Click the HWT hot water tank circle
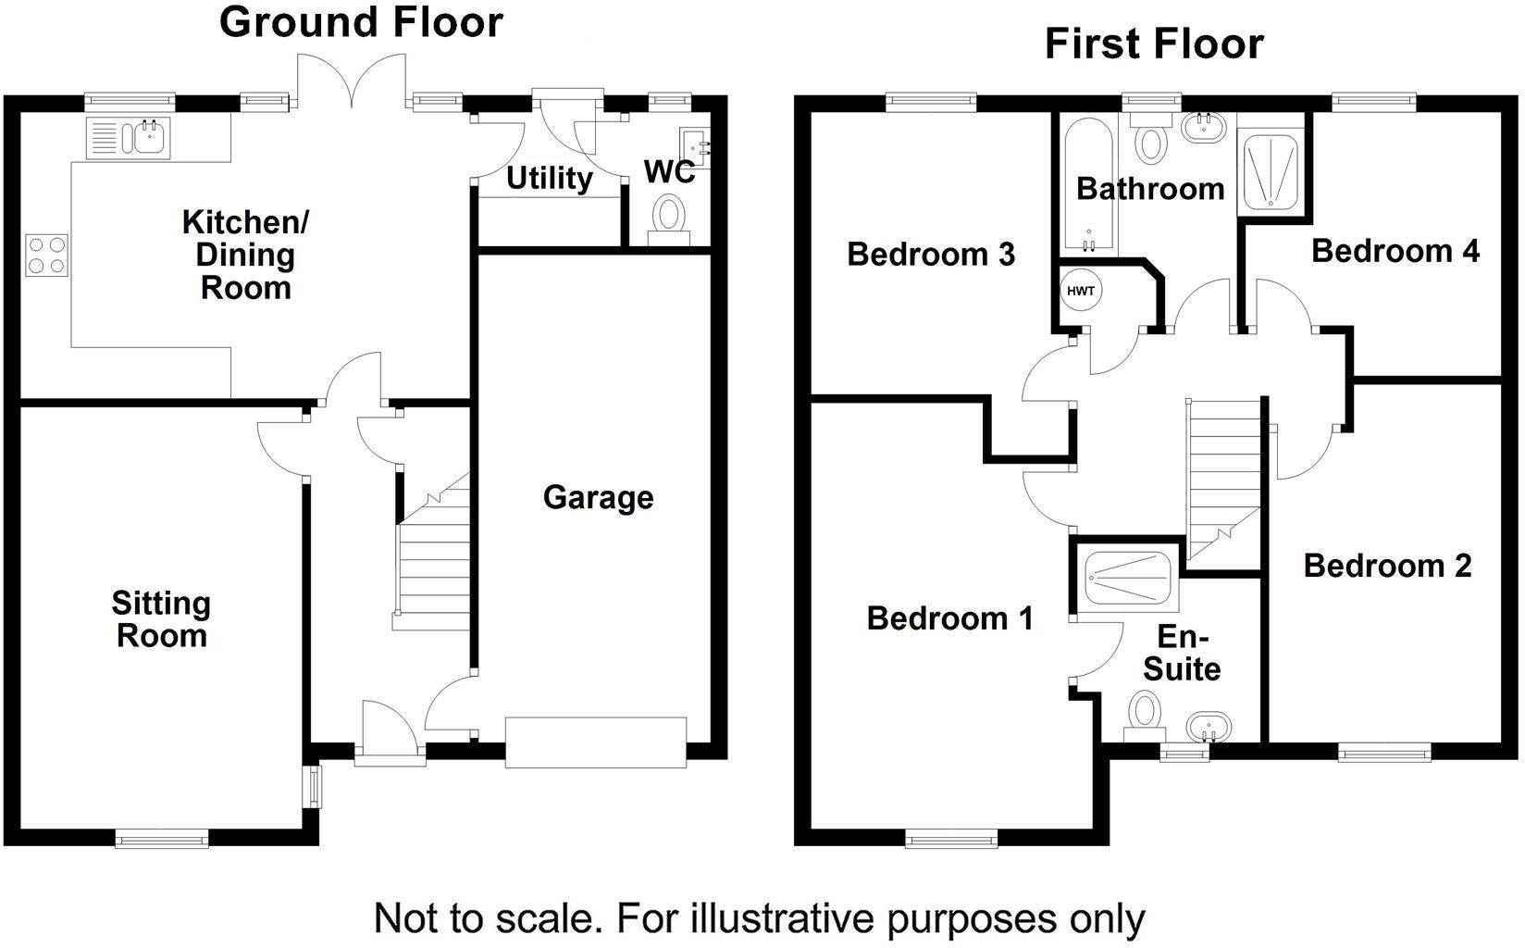[1081, 291]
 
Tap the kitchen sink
[148, 138]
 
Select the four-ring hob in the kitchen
[47, 255]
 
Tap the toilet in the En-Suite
[1146, 715]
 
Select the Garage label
[598, 497]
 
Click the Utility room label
[550, 178]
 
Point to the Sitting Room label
[161, 619]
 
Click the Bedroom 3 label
[931, 254]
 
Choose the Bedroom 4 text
[1395, 251]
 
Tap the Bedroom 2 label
[1387, 566]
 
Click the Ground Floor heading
[361, 22]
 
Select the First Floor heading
[1154, 44]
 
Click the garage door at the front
[596, 742]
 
